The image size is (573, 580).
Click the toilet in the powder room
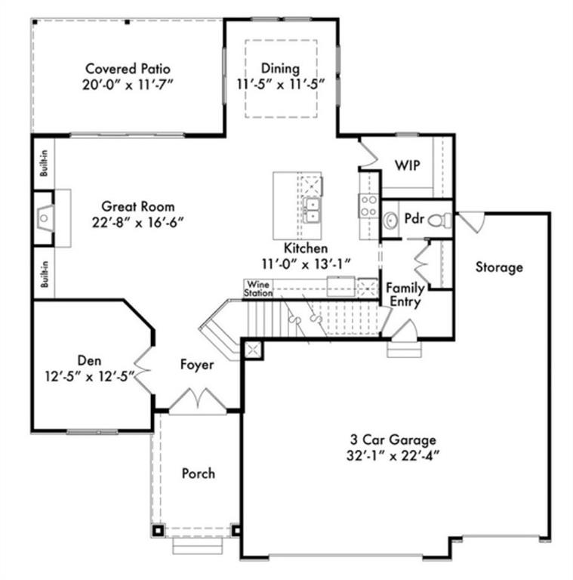click(439, 221)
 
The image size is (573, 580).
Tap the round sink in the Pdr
click(390, 221)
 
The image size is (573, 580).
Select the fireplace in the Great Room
click(45, 218)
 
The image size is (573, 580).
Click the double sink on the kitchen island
click(312, 210)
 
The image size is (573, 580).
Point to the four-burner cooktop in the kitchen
click(368, 206)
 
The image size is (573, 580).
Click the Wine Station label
click(258, 288)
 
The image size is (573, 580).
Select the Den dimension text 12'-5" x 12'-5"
click(90, 376)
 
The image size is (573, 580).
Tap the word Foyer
click(197, 364)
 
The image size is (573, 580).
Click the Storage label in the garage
click(499, 267)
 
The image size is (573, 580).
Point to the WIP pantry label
click(407, 165)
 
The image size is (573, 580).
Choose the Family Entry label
click(405, 295)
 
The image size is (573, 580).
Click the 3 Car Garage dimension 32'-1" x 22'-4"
click(393, 455)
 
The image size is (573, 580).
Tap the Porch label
click(198, 474)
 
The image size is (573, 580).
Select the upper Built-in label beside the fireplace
click(44, 163)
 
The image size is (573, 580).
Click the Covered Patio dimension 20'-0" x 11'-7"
click(128, 85)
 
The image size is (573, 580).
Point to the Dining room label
click(280, 69)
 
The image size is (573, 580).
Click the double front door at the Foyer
click(198, 400)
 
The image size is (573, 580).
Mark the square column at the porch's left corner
click(158, 530)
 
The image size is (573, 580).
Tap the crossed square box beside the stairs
click(253, 350)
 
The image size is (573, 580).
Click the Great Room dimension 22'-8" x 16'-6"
click(138, 223)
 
